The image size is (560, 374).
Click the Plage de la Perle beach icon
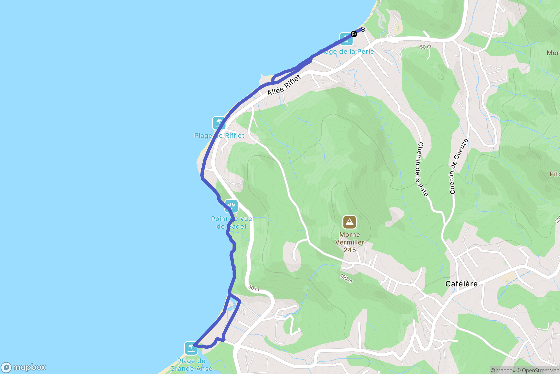(346, 39)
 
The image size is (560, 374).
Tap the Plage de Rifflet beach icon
(219, 123)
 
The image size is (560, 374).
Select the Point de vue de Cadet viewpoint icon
(231, 206)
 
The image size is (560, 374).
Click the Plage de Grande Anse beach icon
(191, 348)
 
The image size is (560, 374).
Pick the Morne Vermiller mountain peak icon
(349, 222)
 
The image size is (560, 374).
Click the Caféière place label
(461, 284)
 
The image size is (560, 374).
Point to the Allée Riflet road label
(284, 85)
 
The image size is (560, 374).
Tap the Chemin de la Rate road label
(423, 169)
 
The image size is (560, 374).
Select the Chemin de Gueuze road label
(458, 166)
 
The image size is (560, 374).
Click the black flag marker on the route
(354, 34)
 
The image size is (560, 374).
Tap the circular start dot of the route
(363, 30)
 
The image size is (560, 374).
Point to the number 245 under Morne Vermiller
(350, 250)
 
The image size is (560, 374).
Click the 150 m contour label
(346, 278)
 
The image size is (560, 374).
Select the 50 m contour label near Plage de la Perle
(425, 47)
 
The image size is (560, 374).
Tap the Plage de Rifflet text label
(219, 136)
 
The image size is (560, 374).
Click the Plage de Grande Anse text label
(191, 365)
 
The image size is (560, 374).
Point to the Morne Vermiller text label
(350, 239)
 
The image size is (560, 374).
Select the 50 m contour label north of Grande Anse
(254, 288)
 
